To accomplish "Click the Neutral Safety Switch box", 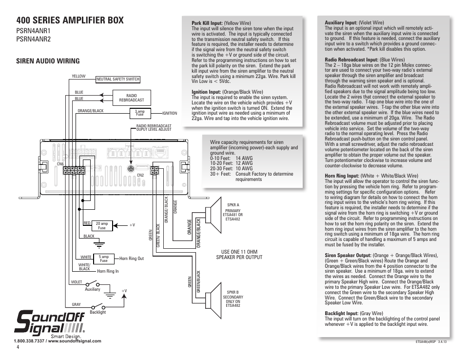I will tap(117, 79).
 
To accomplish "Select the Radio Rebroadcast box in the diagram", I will tap(131, 98).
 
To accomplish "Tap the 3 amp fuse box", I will tap(140, 113).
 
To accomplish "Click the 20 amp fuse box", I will tap(101, 225).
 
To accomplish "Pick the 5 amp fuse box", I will tap(103, 259).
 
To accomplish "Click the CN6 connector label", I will tap(60, 164).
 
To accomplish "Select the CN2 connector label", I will tap(140, 175).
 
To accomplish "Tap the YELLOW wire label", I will tap(78, 76).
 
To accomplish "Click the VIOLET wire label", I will tap(77, 282).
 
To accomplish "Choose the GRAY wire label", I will tap(77, 304).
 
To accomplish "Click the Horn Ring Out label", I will tap(132, 259).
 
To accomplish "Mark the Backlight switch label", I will tap(98, 312).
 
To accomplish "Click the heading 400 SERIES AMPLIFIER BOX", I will tap(70, 20).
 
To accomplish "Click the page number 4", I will tap(18, 348).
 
